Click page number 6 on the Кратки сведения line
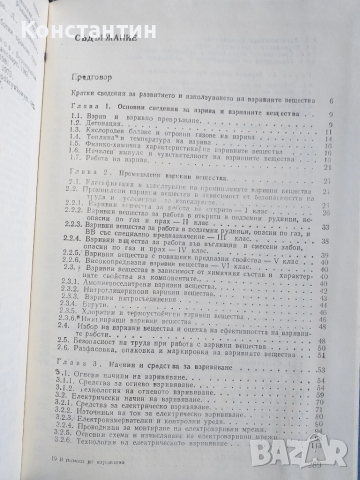point(331,101)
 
